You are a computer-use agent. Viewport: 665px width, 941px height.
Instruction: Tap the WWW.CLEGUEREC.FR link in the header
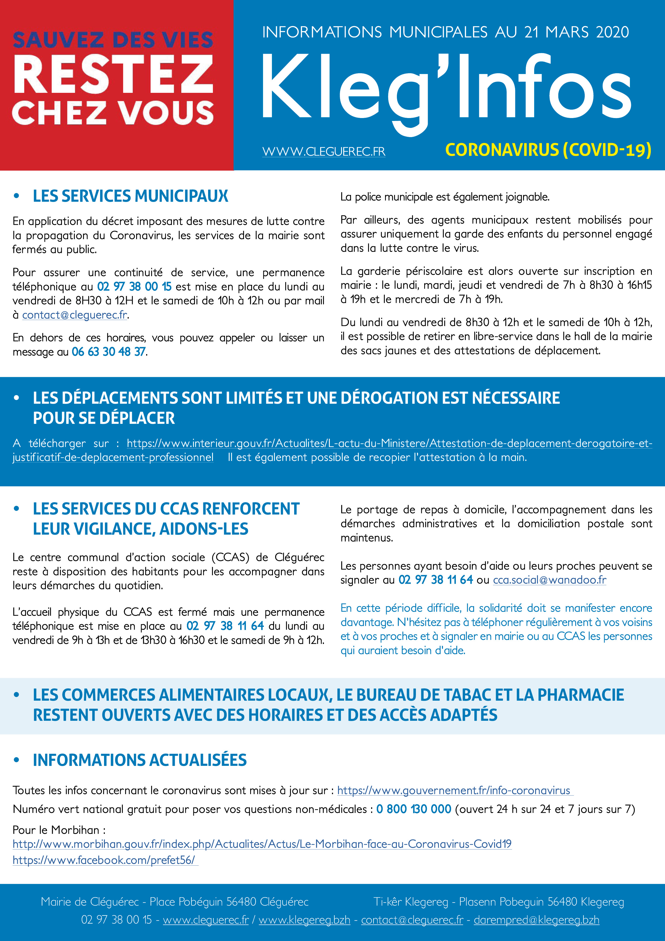pyautogui.click(x=324, y=152)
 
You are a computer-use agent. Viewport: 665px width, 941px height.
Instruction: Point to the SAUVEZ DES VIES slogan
pyautogui.click(x=113, y=40)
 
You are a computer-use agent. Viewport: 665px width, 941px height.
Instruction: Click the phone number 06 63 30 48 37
pyautogui.click(x=109, y=352)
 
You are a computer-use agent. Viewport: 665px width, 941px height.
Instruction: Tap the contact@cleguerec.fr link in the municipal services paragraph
pyautogui.click(x=75, y=315)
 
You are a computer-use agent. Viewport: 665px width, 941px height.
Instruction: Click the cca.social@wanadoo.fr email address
pyautogui.click(x=549, y=580)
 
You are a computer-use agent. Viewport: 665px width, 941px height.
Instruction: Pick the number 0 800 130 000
pyautogui.click(x=413, y=809)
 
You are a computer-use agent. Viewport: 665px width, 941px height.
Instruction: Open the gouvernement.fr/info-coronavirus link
pyautogui.click(x=455, y=790)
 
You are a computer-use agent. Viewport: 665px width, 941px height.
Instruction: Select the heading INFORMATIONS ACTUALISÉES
pyautogui.click(x=140, y=760)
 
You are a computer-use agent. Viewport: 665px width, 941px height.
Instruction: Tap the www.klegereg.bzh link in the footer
pyautogui.click(x=304, y=920)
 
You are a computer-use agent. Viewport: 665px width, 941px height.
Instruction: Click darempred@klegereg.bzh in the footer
pyautogui.click(x=536, y=920)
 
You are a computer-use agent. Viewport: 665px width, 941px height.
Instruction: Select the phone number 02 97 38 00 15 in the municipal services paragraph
pyautogui.click(x=134, y=286)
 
